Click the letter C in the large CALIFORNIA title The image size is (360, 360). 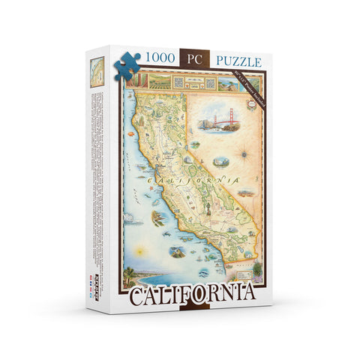point(142,296)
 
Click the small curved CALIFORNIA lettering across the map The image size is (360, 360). point(194,181)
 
